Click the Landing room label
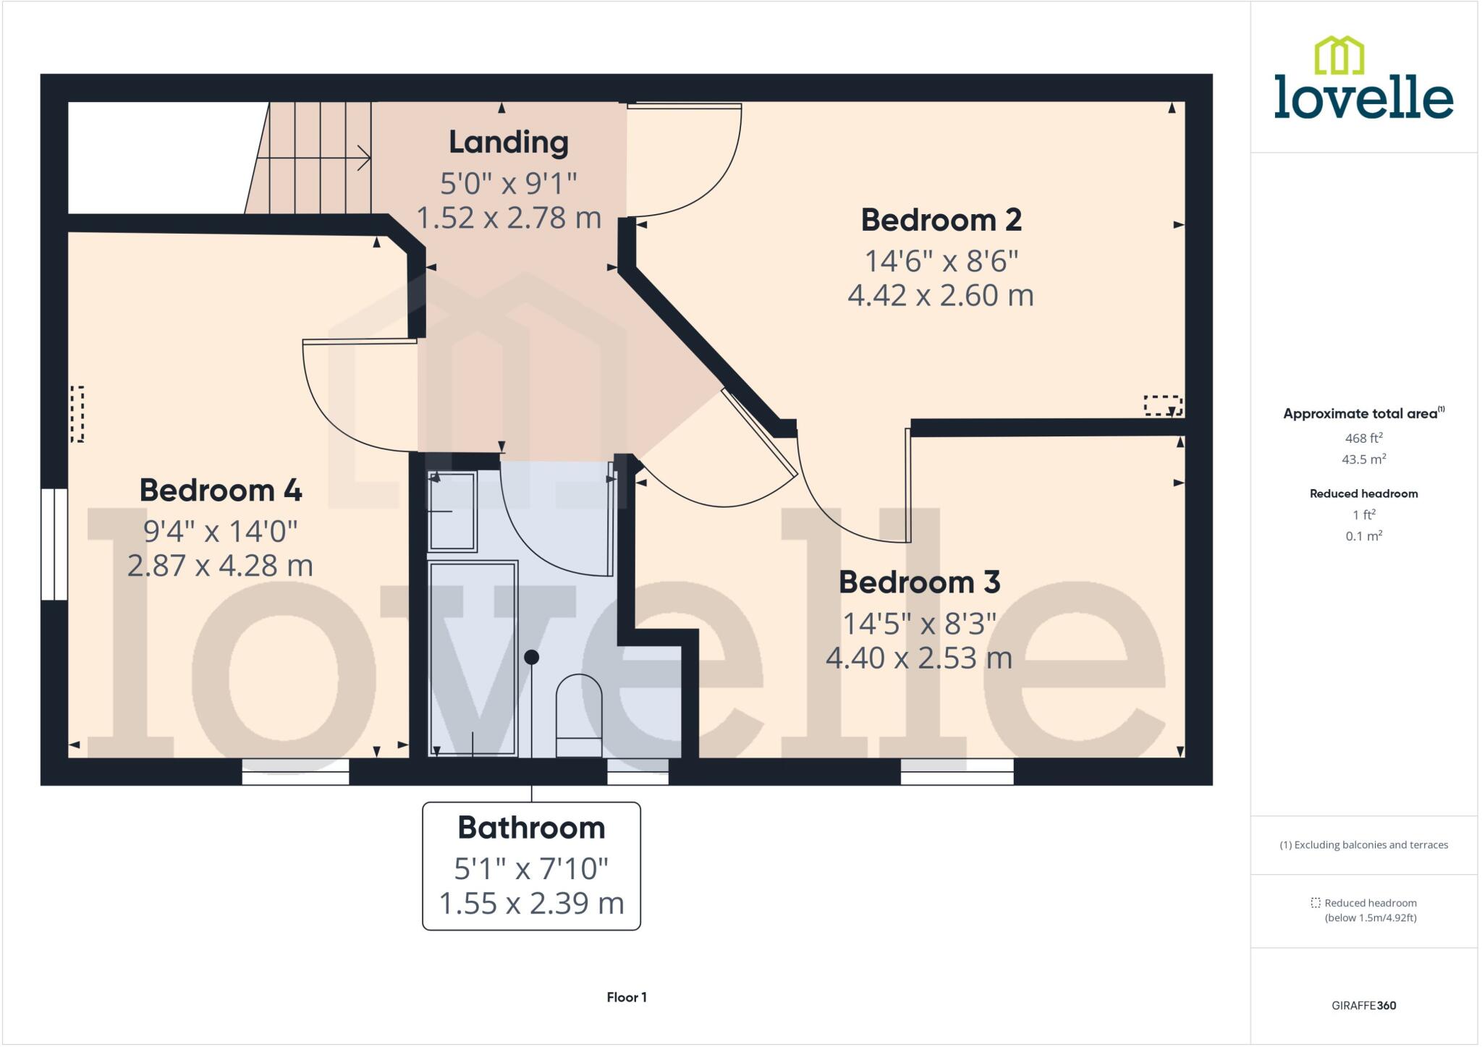pyautogui.click(x=508, y=142)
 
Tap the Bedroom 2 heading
pyautogui.click(x=941, y=220)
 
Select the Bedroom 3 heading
pyautogui.click(x=919, y=582)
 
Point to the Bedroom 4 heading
pyautogui.click(x=220, y=491)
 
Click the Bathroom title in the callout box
pyautogui.click(x=531, y=828)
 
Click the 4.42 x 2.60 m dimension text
pyautogui.click(x=941, y=295)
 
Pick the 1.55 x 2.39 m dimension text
pyautogui.click(x=531, y=904)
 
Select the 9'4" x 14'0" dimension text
pyautogui.click(x=220, y=532)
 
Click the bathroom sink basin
pyautogui.click(x=452, y=512)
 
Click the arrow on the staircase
pyautogui.click(x=362, y=158)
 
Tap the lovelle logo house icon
pyautogui.click(x=1339, y=56)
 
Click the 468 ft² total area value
pyautogui.click(x=1363, y=438)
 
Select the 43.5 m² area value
pyautogui.click(x=1363, y=459)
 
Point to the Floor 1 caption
pyautogui.click(x=627, y=997)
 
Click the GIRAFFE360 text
pyautogui.click(x=1363, y=1005)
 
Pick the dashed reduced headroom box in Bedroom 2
pyautogui.click(x=1162, y=405)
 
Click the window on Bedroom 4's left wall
pyautogui.click(x=54, y=544)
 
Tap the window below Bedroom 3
pyautogui.click(x=957, y=771)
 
